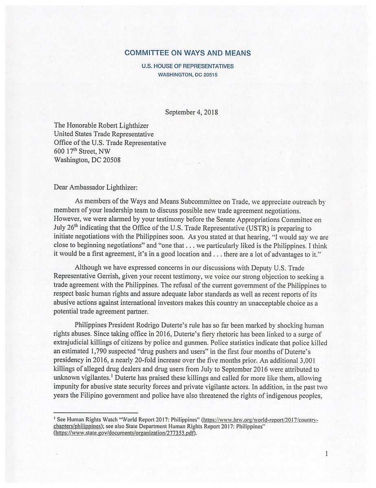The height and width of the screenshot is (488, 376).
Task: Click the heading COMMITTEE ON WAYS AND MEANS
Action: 187,53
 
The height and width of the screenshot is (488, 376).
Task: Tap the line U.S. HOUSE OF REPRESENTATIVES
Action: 187,66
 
